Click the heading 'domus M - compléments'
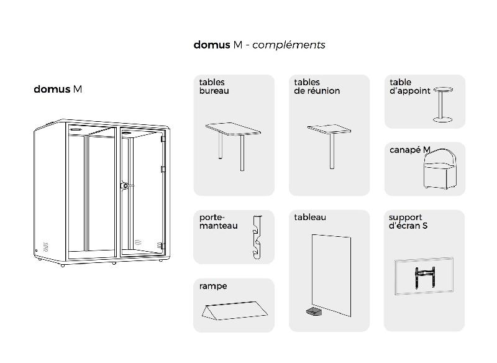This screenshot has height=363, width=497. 259,45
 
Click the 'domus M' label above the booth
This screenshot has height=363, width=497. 58,89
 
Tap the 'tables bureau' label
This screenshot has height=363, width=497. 214,86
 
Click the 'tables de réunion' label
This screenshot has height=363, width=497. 316,86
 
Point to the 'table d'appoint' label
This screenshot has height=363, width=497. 409,86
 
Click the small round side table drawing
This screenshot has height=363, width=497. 442,104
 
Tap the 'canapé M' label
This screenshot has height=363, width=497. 409,150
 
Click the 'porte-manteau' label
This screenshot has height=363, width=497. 218,221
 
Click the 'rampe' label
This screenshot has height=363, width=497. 213,286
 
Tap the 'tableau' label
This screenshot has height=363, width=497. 310,217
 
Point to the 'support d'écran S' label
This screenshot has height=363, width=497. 408,221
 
